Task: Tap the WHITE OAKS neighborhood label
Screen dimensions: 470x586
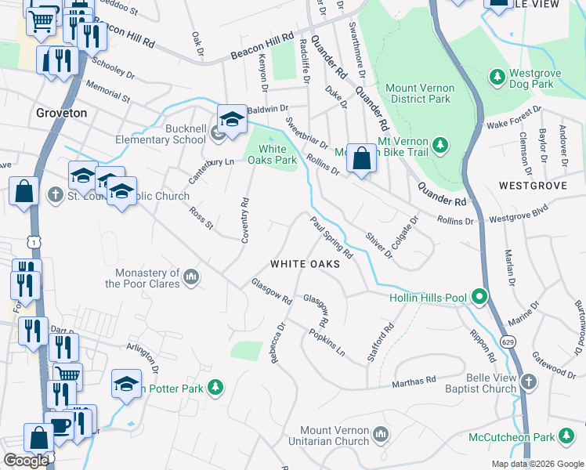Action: coord(305,264)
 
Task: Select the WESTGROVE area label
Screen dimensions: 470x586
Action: coord(530,186)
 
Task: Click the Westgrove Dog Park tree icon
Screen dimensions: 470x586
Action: coord(496,76)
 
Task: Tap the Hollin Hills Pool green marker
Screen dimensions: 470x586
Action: coord(479,297)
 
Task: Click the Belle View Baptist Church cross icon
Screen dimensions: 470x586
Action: coord(529,381)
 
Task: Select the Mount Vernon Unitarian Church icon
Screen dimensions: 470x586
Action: coord(380,433)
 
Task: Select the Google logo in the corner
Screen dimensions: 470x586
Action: coord(26,461)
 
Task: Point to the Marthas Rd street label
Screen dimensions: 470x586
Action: coord(414,381)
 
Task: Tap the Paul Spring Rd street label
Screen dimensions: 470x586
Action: coord(331,238)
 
